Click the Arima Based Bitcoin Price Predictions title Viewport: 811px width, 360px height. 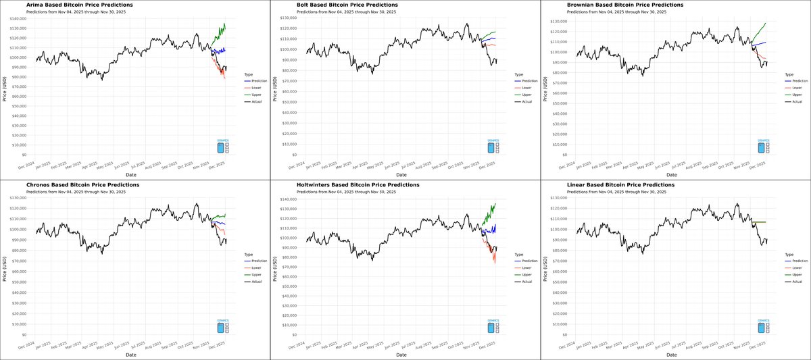[x=79, y=5]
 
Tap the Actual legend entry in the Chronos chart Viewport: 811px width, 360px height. [x=256, y=282]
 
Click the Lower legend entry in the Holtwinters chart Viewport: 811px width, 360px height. [x=525, y=267]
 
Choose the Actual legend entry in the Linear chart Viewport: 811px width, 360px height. [x=797, y=282]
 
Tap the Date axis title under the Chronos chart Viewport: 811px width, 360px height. [x=131, y=355]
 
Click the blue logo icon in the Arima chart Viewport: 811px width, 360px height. [x=220, y=148]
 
